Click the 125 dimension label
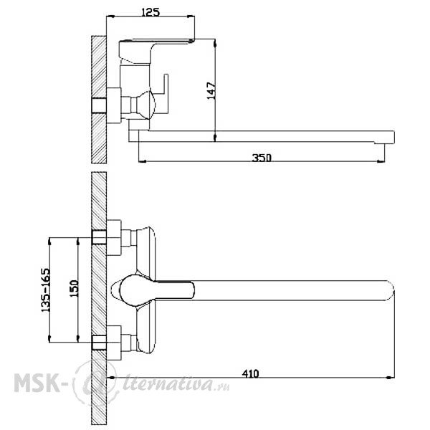click(x=150, y=12)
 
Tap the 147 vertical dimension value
click(x=211, y=90)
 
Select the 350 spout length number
click(x=262, y=158)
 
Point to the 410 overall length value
click(x=250, y=374)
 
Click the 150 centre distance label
click(x=74, y=288)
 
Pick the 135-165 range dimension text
click(x=46, y=290)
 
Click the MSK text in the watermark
click(x=37, y=383)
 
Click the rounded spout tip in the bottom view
click(x=390, y=290)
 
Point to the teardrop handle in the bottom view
click(x=153, y=290)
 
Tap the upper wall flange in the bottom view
click(x=114, y=237)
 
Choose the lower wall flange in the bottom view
click(x=114, y=343)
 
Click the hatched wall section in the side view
click(x=99, y=100)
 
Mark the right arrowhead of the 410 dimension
click(x=391, y=378)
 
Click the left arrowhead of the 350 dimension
click(x=143, y=161)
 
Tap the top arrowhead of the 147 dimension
click(x=215, y=43)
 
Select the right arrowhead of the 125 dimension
click(x=191, y=16)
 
